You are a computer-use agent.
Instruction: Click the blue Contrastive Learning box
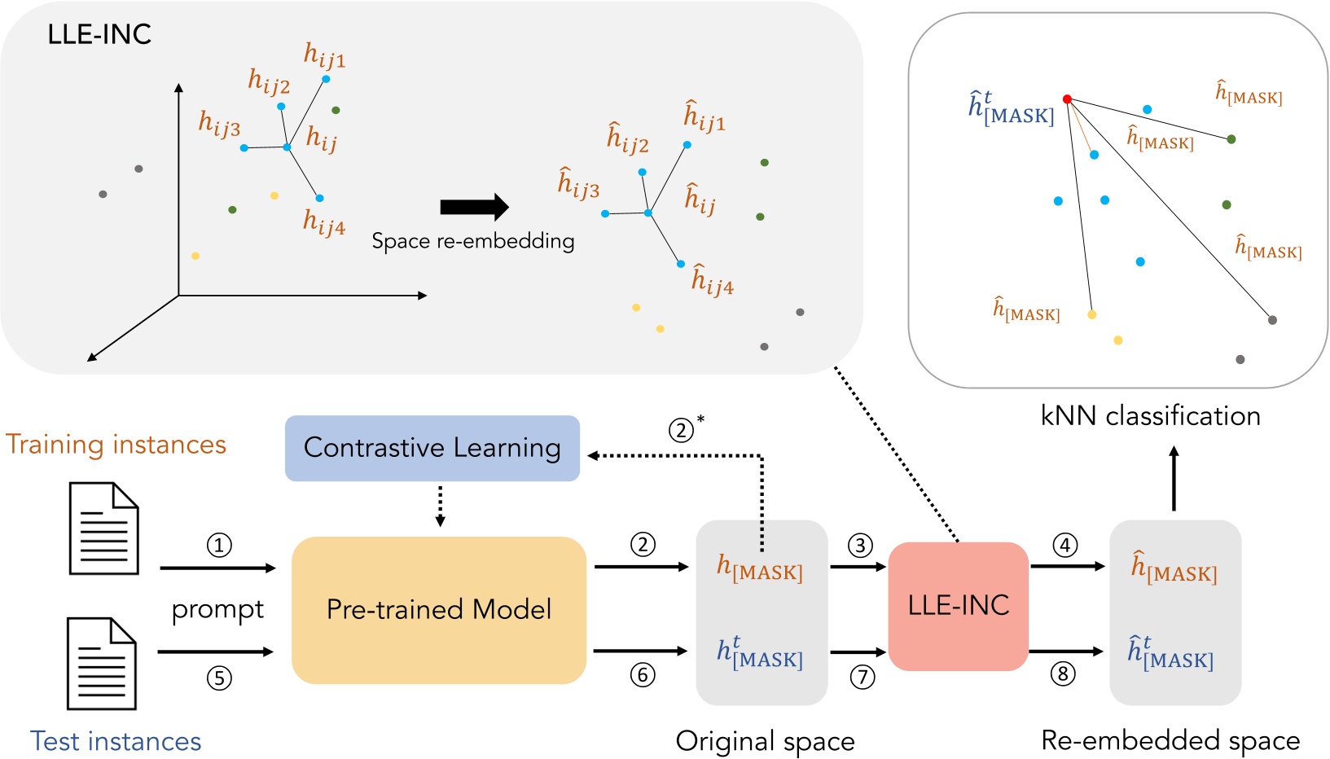pos(432,448)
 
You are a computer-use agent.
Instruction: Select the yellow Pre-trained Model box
pos(439,609)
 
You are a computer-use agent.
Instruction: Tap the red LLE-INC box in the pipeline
pos(958,605)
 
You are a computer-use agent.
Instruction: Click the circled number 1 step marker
pos(218,545)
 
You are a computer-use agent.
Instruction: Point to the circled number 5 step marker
pos(218,678)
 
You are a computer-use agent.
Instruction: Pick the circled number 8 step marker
pos(1062,674)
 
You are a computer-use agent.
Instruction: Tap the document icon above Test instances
pos(101,664)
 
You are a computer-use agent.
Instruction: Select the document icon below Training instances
pos(103,529)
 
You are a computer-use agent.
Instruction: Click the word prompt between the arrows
pos(217,609)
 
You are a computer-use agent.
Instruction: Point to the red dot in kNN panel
pos(1067,99)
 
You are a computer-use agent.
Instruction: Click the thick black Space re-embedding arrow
pos(474,208)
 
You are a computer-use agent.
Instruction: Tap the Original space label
pos(765,741)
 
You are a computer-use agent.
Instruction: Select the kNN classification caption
pos(1150,415)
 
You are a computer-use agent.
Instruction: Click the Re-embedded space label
pos(1170,740)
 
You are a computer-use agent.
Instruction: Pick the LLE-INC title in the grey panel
pos(99,34)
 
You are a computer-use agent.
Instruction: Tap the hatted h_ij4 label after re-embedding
pos(712,279)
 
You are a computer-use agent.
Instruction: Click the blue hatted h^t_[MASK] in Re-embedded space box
pos(1170,653)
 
